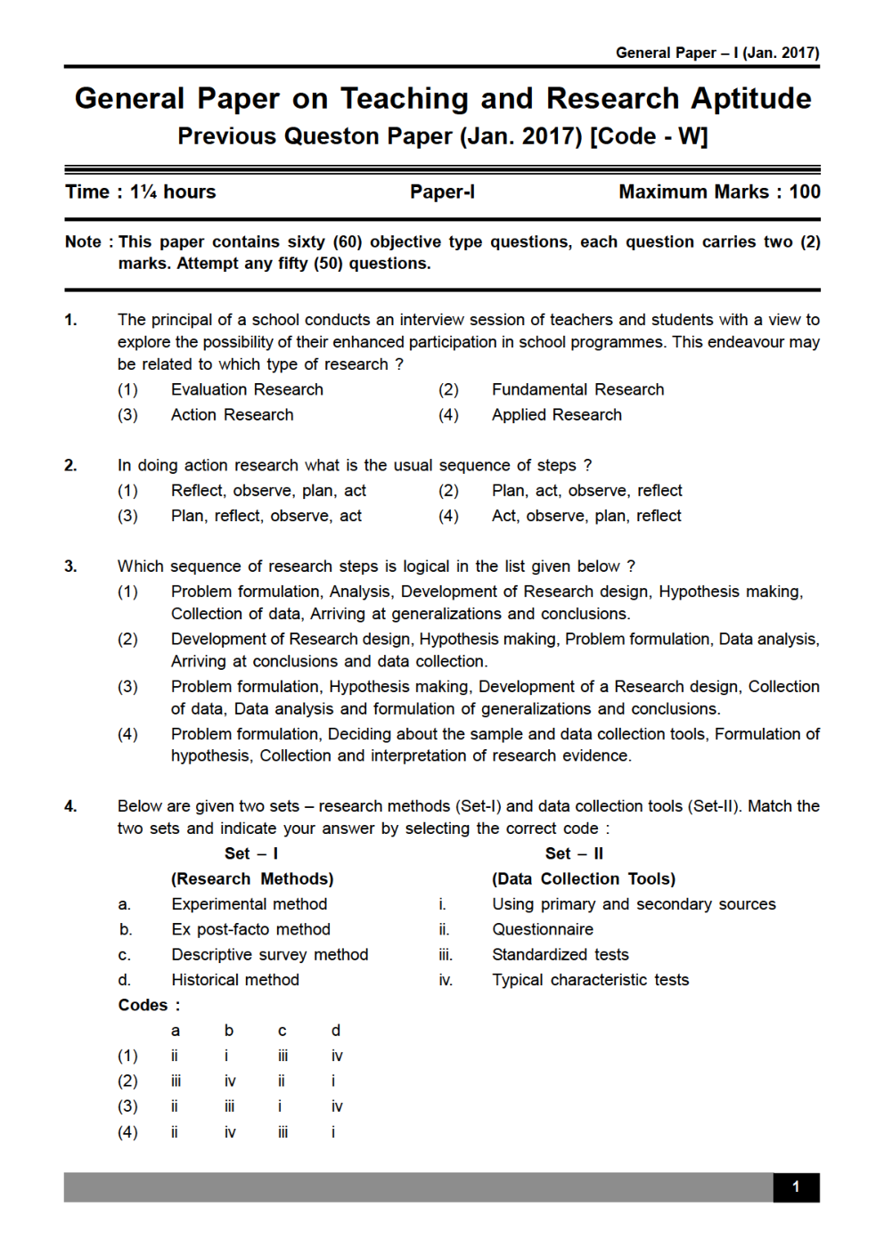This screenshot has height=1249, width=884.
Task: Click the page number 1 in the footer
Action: pos(795,1187)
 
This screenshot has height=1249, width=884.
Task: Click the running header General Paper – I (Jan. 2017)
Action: pos(716,53)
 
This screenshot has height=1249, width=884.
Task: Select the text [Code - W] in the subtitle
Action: pos(649,136)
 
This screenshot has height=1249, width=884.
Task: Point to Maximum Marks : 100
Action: pos(718,192)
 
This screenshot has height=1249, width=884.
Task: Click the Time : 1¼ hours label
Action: pos(141,192)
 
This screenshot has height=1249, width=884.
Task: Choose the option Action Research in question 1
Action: pos(232,414)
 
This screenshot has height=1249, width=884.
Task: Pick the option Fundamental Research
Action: pos(577,389)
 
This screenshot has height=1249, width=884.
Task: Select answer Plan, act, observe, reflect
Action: pos(586,490)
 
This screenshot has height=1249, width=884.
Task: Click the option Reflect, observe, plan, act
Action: pos(268,490)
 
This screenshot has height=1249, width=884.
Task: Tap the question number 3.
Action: pos(70,566)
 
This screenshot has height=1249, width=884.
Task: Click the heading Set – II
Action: pos(574,853)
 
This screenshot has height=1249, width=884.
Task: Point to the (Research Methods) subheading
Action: pos(252,878)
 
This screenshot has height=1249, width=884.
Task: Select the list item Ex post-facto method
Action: pos(250,929)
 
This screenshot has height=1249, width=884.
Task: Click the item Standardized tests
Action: pos(560,954)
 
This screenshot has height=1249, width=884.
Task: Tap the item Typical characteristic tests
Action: pos(590,980)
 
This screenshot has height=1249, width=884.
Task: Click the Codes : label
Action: pos(149,1005)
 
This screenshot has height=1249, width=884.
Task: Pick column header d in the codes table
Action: pos(335,1031)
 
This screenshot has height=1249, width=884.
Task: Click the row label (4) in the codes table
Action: pos(127,1131)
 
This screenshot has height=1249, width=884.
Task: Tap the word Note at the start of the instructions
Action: pos(83,241)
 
